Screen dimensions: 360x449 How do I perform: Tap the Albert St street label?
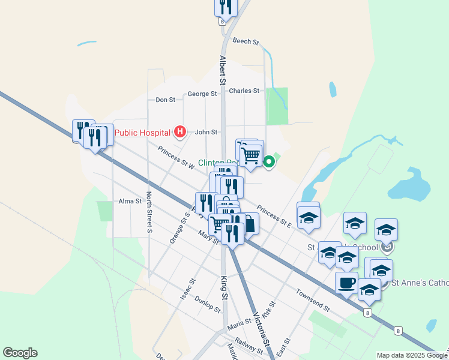222,70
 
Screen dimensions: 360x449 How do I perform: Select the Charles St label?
244,91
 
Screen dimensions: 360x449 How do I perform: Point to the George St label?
202,94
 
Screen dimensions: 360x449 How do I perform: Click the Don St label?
165,100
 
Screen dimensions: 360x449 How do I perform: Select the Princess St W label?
175,157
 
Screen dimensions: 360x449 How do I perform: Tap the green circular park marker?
269,161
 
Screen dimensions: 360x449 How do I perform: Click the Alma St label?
130,201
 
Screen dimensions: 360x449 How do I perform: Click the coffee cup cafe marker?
346,282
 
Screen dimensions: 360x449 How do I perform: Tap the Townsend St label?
313,300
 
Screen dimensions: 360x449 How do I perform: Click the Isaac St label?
188,289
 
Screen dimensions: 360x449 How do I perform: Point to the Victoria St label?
259,331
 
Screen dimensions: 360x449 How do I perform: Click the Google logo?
20,353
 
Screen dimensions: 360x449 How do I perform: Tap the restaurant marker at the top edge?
225,7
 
